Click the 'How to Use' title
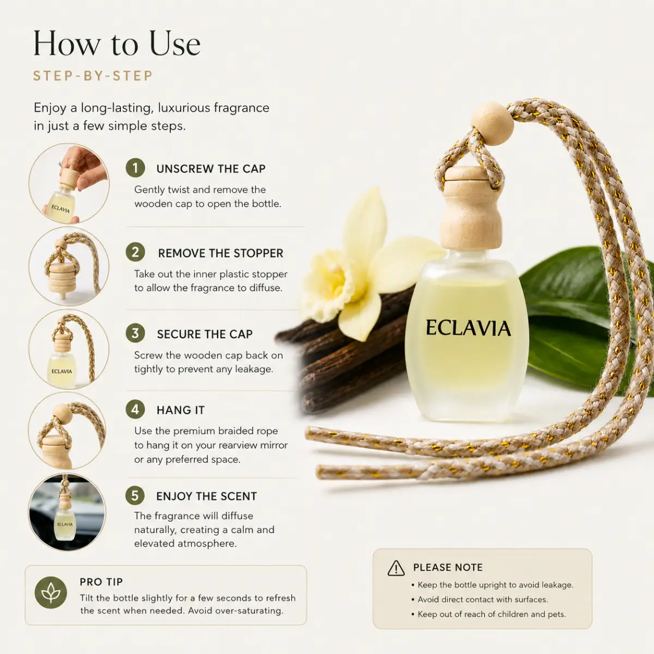[117, 44]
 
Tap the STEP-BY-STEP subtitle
[93, 76]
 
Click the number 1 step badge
[135, 168]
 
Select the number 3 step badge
[135, 334]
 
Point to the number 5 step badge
[135, 495]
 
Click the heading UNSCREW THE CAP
[211, 168]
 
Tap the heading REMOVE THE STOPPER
[221, 253]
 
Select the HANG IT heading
[180, 410]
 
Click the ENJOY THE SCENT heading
[207, 496]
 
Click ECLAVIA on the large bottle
[468, 328]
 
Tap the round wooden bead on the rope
[492, 124]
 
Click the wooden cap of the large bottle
[470, 208]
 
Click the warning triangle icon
[396, 568]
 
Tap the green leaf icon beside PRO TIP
[51, 592]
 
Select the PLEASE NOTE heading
[447, 567]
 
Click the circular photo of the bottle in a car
[67, 512]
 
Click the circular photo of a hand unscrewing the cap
[69, 183]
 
